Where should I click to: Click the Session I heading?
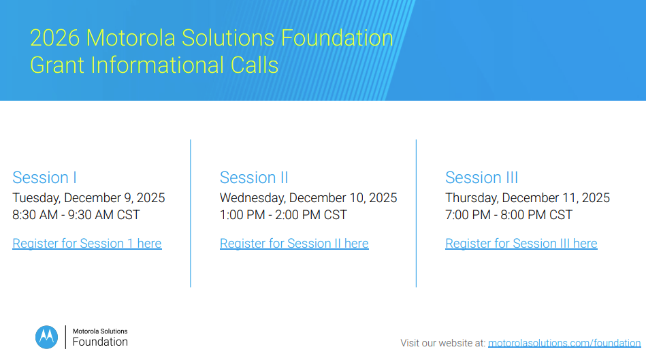tap(44, 178)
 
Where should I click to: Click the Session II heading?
tap(254, 178)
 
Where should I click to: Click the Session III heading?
tap(482, 178)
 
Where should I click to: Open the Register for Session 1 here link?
tap(87, 244)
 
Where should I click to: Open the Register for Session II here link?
tap(294, 244)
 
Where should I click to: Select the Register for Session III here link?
tap(521, 244)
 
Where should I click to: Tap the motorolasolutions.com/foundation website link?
tap(564, 343)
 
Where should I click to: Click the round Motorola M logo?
tap(46, 338)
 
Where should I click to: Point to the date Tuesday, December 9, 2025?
tap(88, 198)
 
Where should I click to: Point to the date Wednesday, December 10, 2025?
tap(308, 198)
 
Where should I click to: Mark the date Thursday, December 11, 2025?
tap(528, 198)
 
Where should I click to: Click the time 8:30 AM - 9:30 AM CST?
tap(76, 215)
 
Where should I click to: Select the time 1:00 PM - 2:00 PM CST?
tap(283, 215)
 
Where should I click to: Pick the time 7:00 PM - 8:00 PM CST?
tap(508, 215)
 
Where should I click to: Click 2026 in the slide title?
tap(54, 38)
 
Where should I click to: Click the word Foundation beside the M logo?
tap(100, 342)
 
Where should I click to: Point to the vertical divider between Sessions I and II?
tap(191, 214)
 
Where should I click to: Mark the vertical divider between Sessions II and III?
tap(416, 214)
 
